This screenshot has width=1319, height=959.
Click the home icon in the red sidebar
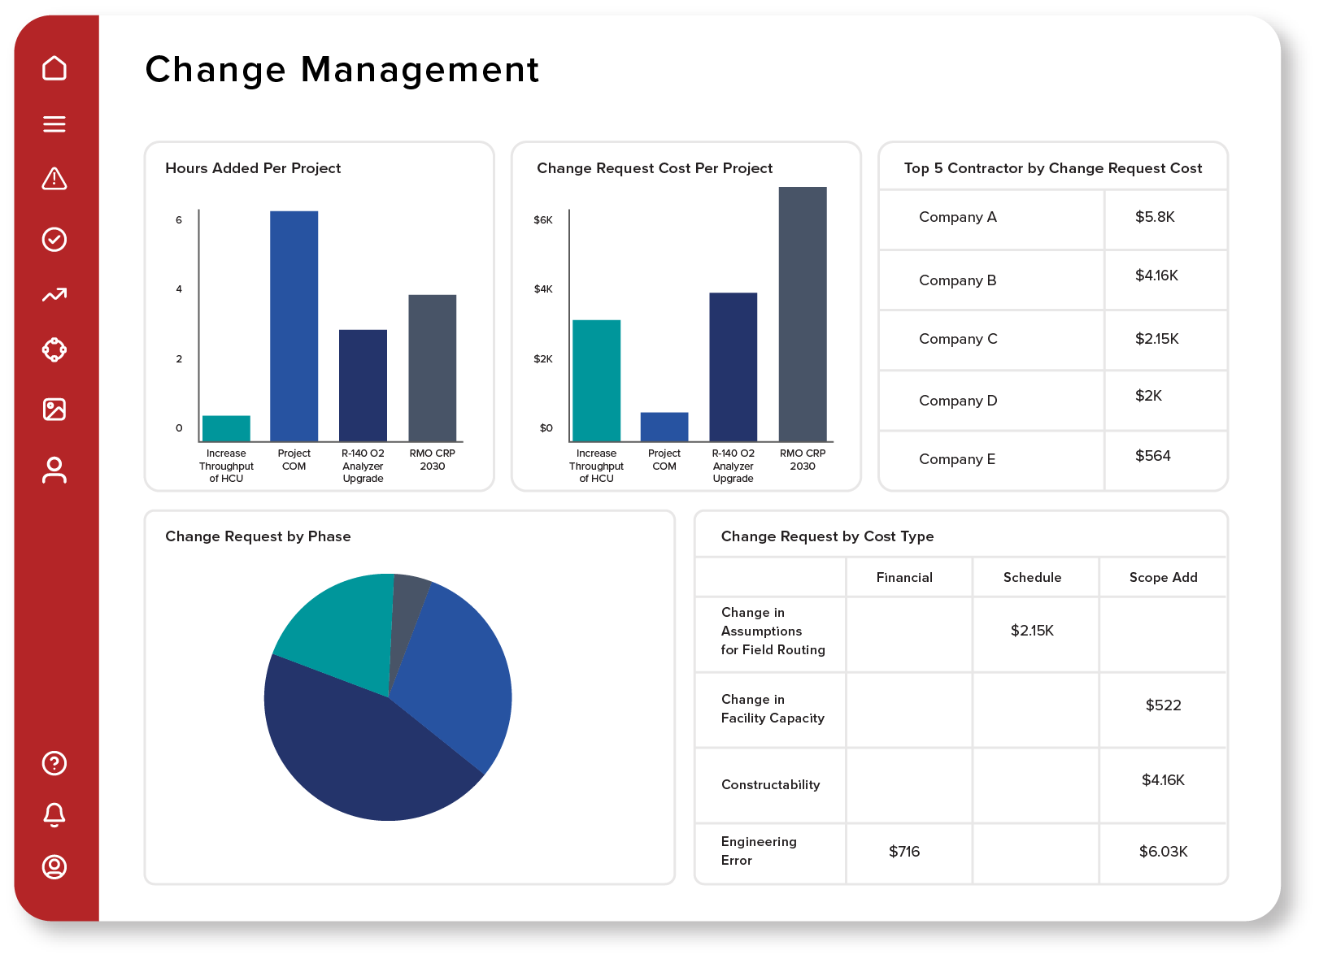pyautogui.click(x=54, y=68)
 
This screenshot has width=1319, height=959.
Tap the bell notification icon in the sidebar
pyautogui.click(x=54, y=814)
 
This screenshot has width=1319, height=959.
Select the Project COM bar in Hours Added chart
pyautogui.click(x=294, y=325)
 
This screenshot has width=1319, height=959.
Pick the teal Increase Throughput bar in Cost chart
pyautogui.click(x=596, y=380)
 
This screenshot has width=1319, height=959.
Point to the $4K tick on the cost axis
pyautogui.click(x=543, y=289)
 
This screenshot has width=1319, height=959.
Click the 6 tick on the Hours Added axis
pyautogui.click(x=179, y=220)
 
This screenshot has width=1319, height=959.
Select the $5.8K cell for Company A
pyautogui.click(x=1155, y=217)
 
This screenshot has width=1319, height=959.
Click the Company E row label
pyautogui.click(x=957, y=459)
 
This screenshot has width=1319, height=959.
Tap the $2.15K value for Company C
pyautogui.click(x=1156, y=339)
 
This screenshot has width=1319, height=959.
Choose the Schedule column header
pyautogui.click(x=1032, y=577)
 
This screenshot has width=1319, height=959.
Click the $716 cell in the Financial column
pyautogui.click(x=904, y=852)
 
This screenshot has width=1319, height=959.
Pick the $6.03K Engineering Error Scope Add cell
pyautogui.click(x=1163, y=852)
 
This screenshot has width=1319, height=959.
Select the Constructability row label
pyautogui.click(x=770, y=785)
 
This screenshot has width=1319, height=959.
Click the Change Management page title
pyautogui.click(x=342, y=70)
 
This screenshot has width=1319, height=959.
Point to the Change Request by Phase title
pyautogui.click(x=258, y=536)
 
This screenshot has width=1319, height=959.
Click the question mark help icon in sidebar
pyautogui.click(x=54, y=763)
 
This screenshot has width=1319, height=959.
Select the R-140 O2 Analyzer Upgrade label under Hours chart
pyautogui.click(x=363, y=466)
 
